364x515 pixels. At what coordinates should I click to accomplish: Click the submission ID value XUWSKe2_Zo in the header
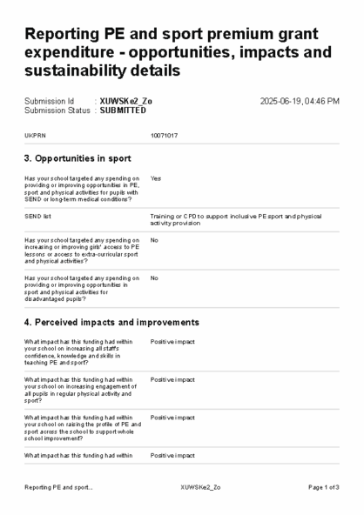coord(125,101)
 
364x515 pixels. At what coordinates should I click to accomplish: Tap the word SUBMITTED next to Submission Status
coord(124,110)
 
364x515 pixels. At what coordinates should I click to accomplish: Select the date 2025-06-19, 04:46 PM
coord(300,101)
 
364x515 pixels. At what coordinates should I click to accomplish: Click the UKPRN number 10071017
coord(165,137)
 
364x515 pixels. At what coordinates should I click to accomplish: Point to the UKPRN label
coord(35,137)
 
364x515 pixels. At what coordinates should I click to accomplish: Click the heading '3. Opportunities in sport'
coord(78,158)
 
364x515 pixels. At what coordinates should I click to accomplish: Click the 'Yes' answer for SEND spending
coord(156,178)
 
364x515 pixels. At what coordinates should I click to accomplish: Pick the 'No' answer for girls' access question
coord(154,240)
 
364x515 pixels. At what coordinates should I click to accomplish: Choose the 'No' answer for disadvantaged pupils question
coord(154,278)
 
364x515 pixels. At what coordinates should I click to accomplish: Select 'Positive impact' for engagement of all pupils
coord(172,380)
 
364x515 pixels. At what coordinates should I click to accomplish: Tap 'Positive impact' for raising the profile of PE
coord(172,418)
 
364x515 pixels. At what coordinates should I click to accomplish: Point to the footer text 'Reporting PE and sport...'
coord(58,487)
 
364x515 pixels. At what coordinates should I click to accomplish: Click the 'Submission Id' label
coord(49,101)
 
